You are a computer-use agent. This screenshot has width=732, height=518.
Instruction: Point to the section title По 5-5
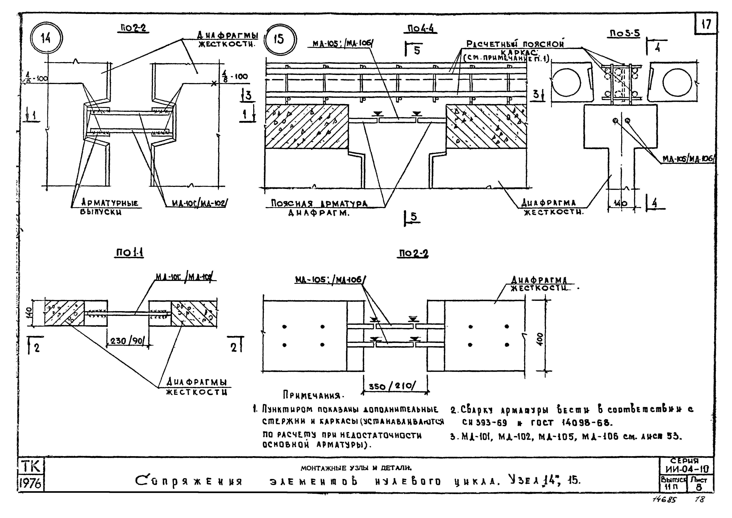[x=625, y=33]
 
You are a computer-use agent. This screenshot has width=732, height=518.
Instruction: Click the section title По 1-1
[x=129, y=253]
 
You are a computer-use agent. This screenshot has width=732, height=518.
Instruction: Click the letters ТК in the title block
[x=31, y=467]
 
